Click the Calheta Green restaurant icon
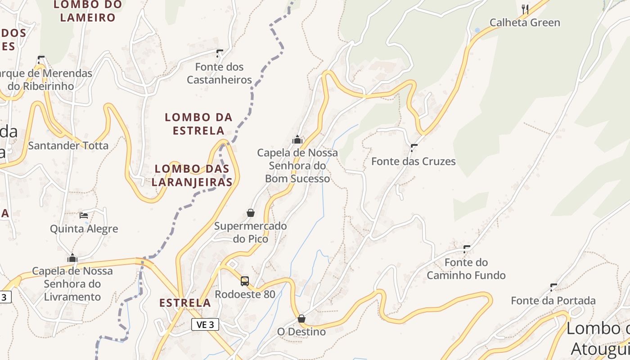coord(524,9)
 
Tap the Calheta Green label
coord(525,22)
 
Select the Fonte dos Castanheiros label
coord(219,73)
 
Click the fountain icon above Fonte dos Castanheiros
coord(220,54)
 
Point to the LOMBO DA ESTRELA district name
coord(198,124)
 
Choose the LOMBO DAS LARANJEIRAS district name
coord(192,175)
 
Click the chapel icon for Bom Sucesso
coord(297,139)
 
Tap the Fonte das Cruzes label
coord(413,161)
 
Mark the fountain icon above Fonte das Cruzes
coord(414,148)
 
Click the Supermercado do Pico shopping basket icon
coord(251,213)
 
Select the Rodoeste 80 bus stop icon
coord(244,281)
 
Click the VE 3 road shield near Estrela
coord(205,324)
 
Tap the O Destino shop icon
coord(301,319)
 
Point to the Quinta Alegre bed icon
coord(84,216)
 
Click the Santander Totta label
coord(68,145)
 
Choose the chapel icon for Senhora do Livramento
coord(72,258)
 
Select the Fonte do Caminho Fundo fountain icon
coord(467,249)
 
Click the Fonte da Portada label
coord(553,300)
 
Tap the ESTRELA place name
coord(185,303)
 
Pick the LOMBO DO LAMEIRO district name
coord(88,11)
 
